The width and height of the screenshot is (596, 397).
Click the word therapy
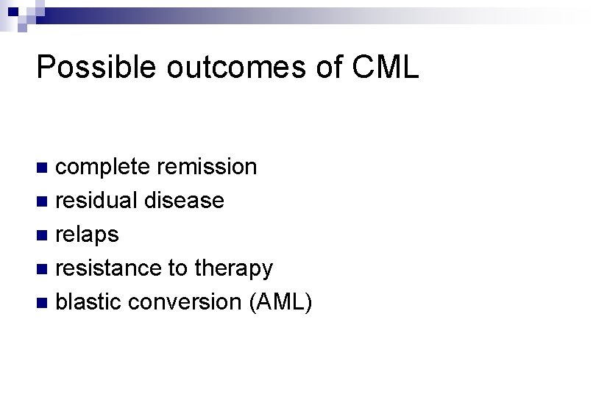[234, 268]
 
